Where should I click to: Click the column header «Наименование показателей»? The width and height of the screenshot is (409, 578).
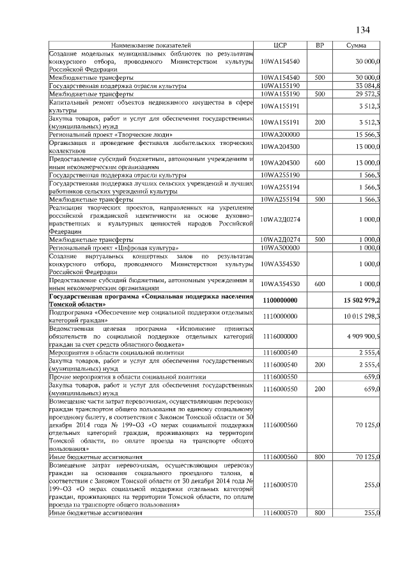coord(151,46)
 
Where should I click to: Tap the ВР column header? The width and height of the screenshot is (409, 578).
coord(320,46)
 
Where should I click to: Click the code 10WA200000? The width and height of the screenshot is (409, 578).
coord(281,134)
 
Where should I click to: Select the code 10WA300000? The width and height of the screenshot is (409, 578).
coord(281,247)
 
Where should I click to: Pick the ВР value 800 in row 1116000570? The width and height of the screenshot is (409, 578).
coord(320,513)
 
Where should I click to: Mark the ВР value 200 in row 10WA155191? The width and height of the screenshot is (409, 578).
coord(320,122)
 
